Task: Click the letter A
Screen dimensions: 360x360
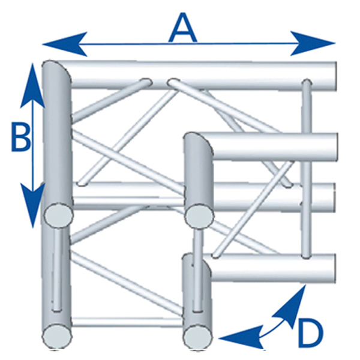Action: click(x=182, y=28)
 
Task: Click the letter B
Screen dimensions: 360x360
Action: click(x=20, y=139)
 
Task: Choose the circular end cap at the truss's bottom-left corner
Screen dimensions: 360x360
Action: click(x=57, y=333)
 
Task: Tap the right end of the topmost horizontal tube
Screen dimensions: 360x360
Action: click(x=336, y=73)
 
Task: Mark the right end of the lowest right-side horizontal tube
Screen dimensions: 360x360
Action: click(x=336, y=267)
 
